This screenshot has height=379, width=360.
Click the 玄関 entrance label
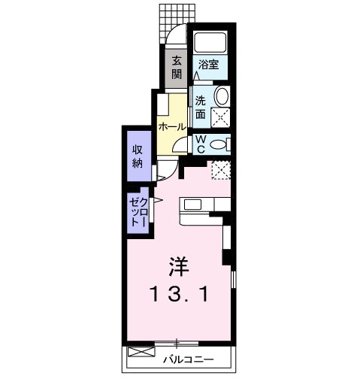coord(177,67)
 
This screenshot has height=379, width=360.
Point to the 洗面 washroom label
coord(201,108)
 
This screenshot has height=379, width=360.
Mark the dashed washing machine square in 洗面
coord(220,116)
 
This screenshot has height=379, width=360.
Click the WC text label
coord(201,142)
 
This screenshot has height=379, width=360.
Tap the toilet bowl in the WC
coord(219,143)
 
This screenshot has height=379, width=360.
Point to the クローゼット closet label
coord(138,211)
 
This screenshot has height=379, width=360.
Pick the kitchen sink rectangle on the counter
coord(191,204)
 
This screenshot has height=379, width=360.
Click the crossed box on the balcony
coord(140,352)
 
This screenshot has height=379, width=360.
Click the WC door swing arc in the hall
coord(185,146)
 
